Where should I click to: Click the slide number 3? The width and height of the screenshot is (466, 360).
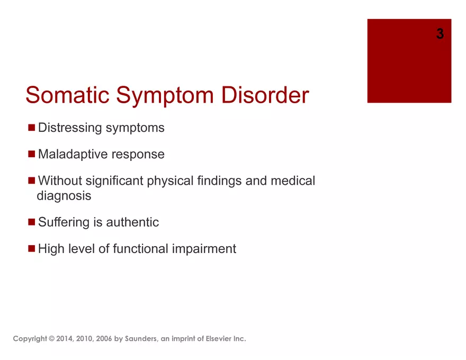pos(440,33)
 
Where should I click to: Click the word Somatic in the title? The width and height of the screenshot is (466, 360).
pos(67,95)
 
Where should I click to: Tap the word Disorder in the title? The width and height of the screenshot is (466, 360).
pos(265,95)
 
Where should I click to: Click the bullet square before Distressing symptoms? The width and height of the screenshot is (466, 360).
pos(31,128)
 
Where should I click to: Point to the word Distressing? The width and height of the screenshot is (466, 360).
pos(70,128)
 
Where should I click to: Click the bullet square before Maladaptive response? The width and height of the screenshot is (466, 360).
pos(31,154)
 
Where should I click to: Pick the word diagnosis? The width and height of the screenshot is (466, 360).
pos(64,196)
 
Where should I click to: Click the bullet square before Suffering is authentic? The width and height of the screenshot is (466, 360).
pos(31,222)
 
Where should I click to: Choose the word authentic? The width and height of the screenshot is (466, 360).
pos(132,222)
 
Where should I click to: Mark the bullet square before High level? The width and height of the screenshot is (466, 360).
pos(31,249)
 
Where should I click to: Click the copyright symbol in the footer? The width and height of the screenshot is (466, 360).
pos(52,339)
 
